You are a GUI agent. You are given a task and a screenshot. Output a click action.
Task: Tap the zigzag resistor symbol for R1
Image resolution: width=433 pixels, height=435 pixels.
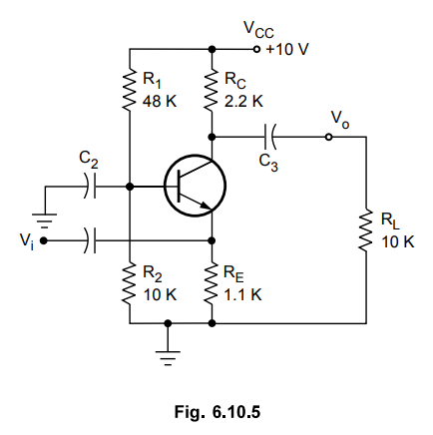tap(130, 90)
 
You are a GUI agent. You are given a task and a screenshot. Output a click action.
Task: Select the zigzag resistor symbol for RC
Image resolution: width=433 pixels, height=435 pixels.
tap(212, 90)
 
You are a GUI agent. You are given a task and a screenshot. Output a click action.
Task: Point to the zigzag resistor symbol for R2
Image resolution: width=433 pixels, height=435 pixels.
tap(130, 283)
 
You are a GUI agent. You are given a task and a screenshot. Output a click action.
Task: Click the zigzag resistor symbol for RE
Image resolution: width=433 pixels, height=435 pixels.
tap(212, 283)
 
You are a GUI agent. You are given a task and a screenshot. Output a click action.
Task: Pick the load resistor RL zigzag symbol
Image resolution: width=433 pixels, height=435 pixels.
tap(366, 230)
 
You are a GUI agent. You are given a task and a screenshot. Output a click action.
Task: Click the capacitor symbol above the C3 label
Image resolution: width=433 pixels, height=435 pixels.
tap(269, 137)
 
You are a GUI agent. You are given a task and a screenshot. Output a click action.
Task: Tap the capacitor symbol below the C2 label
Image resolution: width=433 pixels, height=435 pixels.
tap(91, 187)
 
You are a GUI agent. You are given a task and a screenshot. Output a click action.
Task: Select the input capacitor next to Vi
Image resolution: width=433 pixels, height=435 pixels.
tap(91, 240)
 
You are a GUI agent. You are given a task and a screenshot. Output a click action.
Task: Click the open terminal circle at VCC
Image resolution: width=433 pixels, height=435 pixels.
tap(256, 49)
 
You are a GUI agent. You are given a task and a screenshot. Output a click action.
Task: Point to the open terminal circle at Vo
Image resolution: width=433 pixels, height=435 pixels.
tap(328, 137)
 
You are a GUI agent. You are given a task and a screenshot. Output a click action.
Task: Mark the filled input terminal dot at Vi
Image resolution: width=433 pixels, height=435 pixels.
tap(43, 240)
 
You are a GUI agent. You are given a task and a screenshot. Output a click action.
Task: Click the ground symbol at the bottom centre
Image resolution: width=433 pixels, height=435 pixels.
tap(168, 358)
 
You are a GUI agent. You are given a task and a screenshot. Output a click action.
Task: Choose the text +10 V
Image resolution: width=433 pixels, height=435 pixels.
tap(287, 49)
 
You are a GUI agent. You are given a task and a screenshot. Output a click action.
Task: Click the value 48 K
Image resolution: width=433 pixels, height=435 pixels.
tap(160, 101)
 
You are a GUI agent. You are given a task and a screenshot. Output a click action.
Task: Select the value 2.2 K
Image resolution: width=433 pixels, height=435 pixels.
tap(243, 101)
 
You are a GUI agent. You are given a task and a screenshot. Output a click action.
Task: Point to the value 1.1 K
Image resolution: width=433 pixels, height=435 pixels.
tap(242, 294)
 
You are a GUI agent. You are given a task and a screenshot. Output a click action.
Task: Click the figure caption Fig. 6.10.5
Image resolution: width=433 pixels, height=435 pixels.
tap(217, 412)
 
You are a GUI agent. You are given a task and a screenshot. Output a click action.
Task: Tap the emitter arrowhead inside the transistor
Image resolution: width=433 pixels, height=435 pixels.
tap(207, 207)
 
